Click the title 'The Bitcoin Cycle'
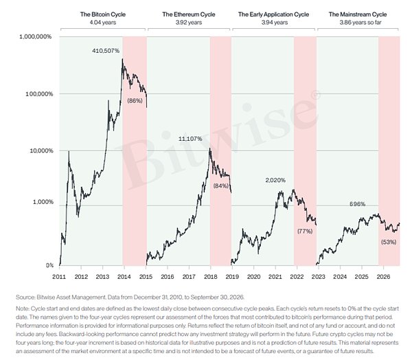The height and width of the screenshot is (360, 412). [x=103, y=14]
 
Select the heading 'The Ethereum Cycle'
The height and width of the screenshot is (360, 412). [x=189, y=14]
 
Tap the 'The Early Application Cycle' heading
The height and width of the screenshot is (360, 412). [x=273, y=14]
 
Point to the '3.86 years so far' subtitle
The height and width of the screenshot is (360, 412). [x=360, y=23]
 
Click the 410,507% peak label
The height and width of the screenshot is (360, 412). [x=106, y=51]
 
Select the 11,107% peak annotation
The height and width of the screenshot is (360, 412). [x=190, y=139]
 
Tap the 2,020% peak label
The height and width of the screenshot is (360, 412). [x=275, y=181]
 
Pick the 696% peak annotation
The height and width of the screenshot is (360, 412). [x=357, y=204]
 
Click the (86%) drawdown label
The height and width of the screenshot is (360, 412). [x=135, y=100]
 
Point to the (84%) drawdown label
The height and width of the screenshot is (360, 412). [x=220, y=186]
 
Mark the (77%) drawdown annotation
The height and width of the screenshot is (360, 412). [x=305, y=232]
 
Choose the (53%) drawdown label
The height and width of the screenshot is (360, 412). [x=389, y=243]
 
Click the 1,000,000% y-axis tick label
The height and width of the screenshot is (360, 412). [x=36, y=36]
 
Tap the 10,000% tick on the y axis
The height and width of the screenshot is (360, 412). [x=41, y=151]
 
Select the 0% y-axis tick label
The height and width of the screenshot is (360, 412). [x=49, y=265]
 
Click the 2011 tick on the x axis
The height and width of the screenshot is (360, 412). [x=59, y=277]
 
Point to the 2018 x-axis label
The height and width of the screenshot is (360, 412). [x=211, y=277]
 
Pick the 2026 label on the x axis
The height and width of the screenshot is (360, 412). [x=383, y=277]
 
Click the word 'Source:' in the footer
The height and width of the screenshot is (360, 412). [x=25, y=297]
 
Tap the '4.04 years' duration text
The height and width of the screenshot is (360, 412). [x=103, y=23]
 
